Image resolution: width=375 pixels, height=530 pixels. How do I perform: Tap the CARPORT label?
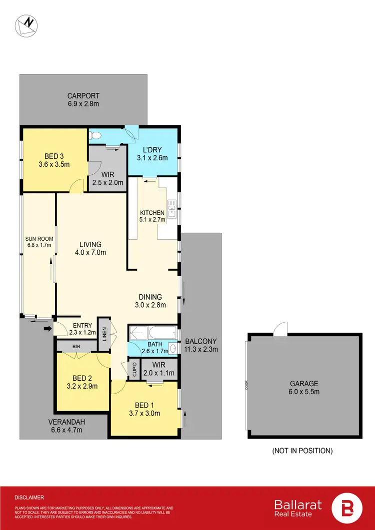[84, 96]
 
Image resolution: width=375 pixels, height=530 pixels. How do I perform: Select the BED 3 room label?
[53, 155]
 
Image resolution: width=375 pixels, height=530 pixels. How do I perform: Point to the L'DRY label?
[152, 150]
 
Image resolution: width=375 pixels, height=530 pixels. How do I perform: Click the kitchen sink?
[171, 208]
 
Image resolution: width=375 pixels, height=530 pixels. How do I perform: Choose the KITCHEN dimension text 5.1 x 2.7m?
[152, 219]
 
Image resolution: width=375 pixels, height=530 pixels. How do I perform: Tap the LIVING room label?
[90, 244]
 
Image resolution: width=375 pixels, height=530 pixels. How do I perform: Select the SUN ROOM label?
[39, 239]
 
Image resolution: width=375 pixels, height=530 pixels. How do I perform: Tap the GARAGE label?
[304, 384]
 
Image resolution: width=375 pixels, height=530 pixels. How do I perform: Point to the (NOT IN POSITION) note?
[302, 451]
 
